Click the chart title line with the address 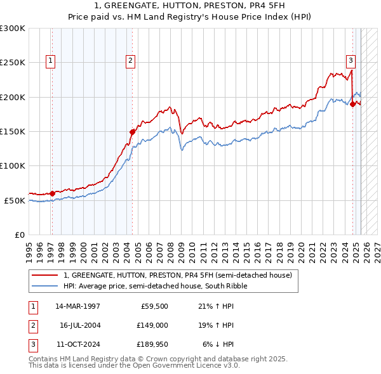[190, 6]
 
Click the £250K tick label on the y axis [13, 63]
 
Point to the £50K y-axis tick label [15, 200]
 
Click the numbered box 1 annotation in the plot [50, 61]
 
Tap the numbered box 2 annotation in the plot [130, 61]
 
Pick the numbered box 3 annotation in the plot [351, 61]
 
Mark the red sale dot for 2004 [132, 132]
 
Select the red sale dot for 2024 [352, 104]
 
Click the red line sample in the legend [45, 276]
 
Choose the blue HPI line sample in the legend [45, 286]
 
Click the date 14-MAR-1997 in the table [77, 306]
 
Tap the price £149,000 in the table [152, 325]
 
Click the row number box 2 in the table [32, 325]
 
